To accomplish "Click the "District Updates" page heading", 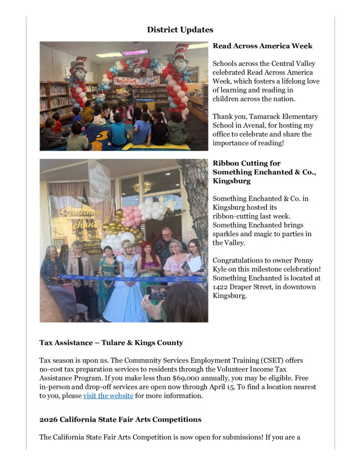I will (x=180, y=30).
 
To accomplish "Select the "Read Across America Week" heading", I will (x=262, y=46).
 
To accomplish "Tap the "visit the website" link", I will (x=108, y=395).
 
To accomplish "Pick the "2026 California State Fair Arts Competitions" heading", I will (x=120, y=419).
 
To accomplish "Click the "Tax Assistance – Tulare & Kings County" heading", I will (x=111, y=343).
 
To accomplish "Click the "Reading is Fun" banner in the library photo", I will (x=136, y=81).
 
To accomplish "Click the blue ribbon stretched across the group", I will (x=132, y=277).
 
